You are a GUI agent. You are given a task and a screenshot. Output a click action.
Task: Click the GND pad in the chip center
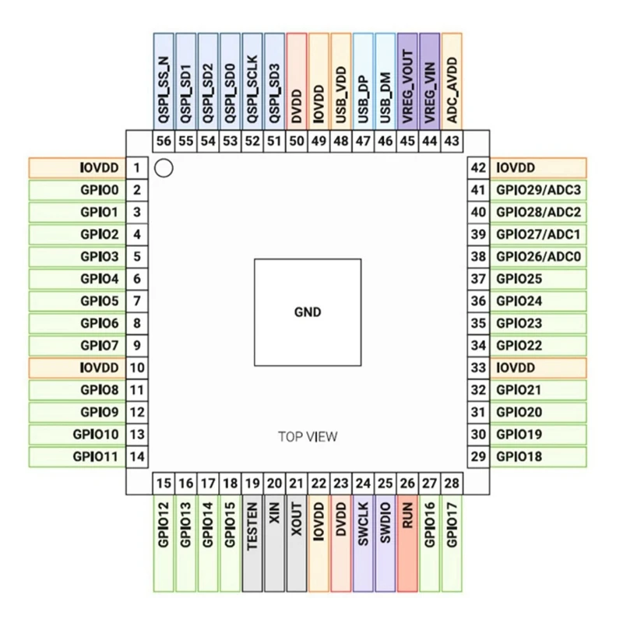point(307,312)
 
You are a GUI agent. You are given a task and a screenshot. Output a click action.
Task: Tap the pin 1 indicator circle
point(164,167)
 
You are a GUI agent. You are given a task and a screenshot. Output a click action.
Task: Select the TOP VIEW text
point(308,436)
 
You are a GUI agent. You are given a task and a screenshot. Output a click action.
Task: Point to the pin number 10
point(136,368)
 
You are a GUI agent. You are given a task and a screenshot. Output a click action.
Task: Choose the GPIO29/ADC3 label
point(538,190)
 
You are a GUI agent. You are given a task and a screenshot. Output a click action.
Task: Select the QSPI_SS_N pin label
point(164,80)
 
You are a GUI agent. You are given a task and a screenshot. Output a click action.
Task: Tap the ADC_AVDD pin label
point(452,80)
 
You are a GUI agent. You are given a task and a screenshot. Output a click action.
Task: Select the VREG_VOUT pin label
point(407,80)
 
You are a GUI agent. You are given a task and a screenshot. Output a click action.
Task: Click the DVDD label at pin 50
point(297,80)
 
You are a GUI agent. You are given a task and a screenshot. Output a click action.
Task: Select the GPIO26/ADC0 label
point(538,256)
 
